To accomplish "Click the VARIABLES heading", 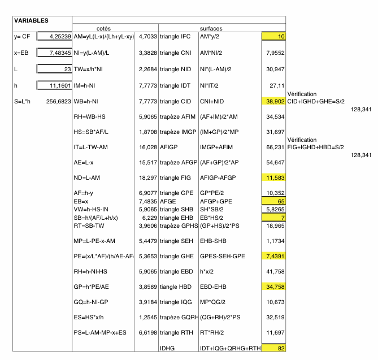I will point(31,20).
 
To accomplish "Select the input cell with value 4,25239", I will point(54,36).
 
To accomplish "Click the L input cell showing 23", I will point(54,69).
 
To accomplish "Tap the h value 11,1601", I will point(54,85).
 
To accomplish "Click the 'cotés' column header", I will point(103,28).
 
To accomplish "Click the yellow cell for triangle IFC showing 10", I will point(273,36).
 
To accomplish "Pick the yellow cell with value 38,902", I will point(273,102).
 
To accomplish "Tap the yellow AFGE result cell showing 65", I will point(273,201).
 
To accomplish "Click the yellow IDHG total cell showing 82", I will point(273,348).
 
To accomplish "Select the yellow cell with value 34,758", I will point(273,287).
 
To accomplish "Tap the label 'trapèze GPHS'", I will point(177,225).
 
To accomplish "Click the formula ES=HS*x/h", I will point(89,318).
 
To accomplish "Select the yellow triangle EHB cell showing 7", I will point(273,216).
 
